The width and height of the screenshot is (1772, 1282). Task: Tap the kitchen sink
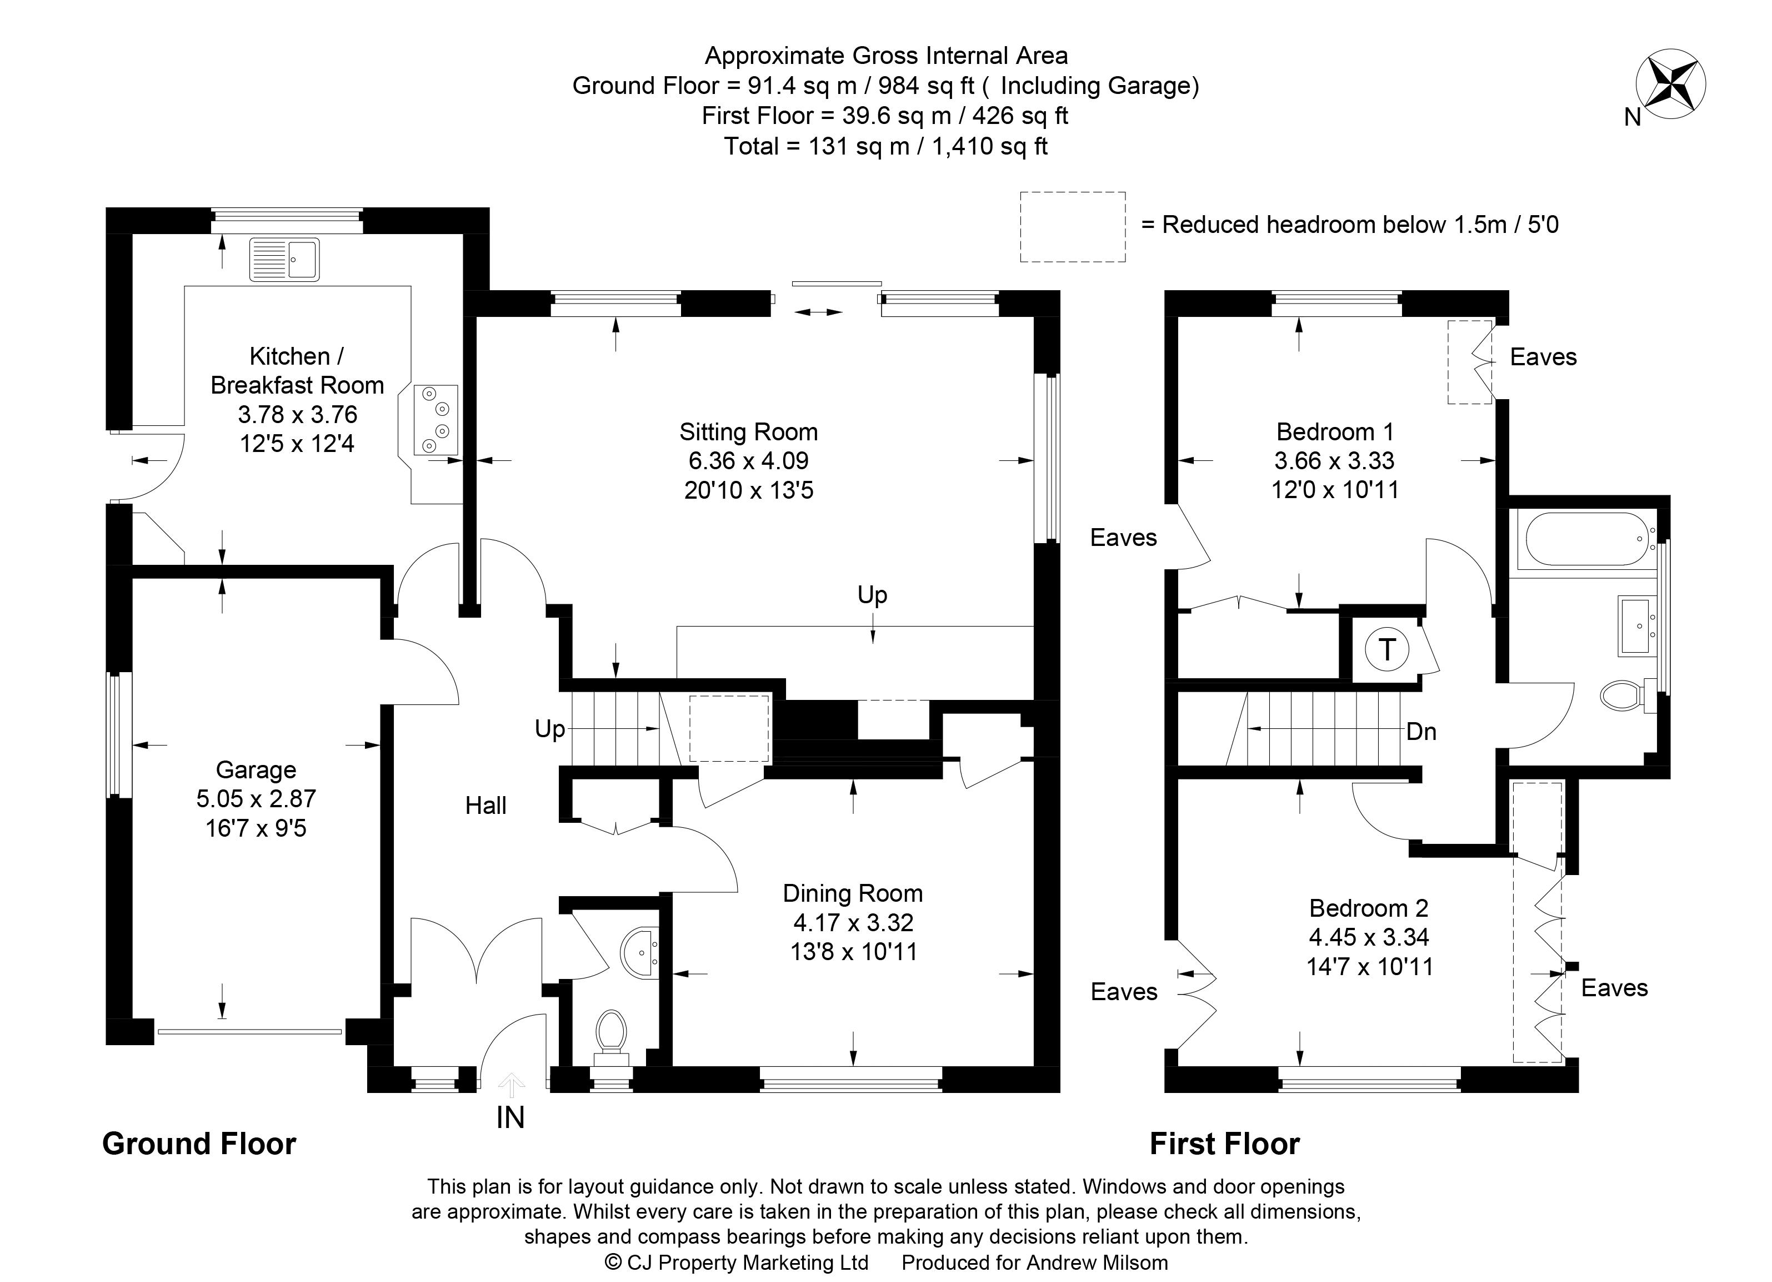pyautogui.click(x=284, y=259)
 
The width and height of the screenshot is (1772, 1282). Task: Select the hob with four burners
pyautogui.click(x=435, y=420)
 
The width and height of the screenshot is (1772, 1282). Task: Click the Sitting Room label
pyautogui.click(x=748, y=431)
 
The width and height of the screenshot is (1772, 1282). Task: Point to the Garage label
pyautogui.click(x=256, y=770)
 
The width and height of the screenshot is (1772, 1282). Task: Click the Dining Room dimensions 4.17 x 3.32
pyautogui.click(x=853, y=922)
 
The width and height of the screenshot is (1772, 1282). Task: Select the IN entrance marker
pyautogui.click(x=510, y=1118)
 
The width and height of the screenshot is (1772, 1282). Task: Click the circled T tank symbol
pyautogui.click(x=1387, y=649)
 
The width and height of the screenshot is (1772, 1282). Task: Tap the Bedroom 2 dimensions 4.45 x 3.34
pyautogui.click(x=1369, y=937)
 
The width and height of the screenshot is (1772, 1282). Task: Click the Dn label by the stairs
pyautogui.click(x=1421, y=731)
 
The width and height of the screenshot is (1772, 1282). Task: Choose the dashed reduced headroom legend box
pyautogui.click(x=1073, y=227)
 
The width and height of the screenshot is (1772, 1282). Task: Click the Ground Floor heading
pyautogui.click(x=199, y=1144)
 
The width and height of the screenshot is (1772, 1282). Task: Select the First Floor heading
pyautogui.click(x=1224, y=1144)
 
